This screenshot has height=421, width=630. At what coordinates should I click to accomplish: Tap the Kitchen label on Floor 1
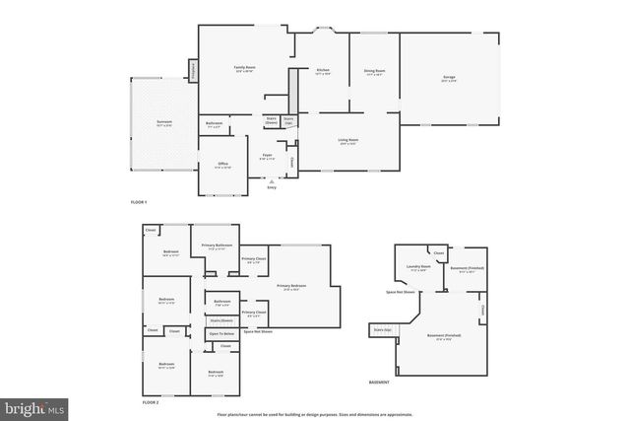click(x=322, y=70)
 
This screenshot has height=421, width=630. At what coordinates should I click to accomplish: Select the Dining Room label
click(x=373, y=70)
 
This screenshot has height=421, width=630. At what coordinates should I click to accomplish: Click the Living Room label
click(x=347, y=141)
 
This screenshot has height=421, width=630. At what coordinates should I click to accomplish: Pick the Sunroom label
click(x=164, y=123)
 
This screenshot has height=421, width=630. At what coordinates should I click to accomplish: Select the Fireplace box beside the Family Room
click(x=193, y=71)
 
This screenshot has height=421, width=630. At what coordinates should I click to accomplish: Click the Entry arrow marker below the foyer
click(x=272, y=181)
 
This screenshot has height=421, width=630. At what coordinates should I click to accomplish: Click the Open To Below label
click(x=221, y=334)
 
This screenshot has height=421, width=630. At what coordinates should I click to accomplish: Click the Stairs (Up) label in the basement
click(x=382, y=330)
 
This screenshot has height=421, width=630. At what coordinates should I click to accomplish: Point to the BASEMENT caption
click(x=379, y=382)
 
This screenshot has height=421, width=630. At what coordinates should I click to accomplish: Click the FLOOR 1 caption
click(x=139, y=202)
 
